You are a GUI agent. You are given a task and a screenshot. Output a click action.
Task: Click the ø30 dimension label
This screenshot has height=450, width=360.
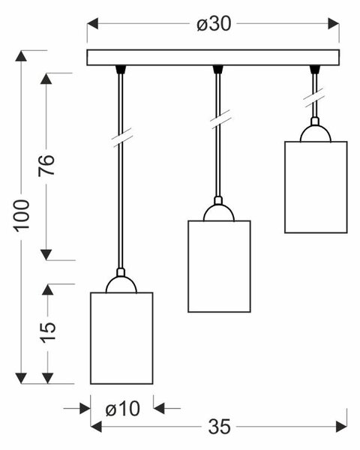point(214,24)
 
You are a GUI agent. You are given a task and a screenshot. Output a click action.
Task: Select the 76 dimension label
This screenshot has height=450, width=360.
point(46,165)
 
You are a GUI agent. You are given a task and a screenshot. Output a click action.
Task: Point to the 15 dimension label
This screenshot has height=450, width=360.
point(48,332)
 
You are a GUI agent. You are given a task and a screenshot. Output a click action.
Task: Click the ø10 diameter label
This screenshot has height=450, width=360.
point(123,409)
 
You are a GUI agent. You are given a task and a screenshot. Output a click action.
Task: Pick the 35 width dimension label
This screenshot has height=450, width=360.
point(219,427)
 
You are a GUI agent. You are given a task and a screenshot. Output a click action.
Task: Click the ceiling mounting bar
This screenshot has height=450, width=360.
point(213,58)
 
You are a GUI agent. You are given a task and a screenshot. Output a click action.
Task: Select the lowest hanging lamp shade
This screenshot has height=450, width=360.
point(121,338)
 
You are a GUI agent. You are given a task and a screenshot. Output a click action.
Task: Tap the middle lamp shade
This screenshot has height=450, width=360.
point(219,266)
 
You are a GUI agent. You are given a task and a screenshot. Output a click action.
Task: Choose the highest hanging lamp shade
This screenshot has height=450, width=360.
point(316,187)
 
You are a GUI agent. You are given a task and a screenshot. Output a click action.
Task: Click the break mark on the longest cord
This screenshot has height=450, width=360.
point(122,138)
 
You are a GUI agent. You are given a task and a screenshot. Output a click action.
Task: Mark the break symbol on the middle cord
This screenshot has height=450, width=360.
point(220,119)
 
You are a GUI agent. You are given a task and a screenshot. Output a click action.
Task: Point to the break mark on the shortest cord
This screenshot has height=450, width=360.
point(313,97)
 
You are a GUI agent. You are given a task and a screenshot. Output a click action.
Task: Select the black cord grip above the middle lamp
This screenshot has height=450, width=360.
point(218,70)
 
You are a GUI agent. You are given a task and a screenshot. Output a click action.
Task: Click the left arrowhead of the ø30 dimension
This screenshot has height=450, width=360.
point(92,23)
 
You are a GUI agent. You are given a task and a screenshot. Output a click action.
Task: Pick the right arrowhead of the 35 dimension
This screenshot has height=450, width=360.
point(342,427)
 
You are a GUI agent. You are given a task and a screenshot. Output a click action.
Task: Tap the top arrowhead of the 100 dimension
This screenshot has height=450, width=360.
point(21,56)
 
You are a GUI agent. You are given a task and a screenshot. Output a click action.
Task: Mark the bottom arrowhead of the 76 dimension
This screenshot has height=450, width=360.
point(46,255)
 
